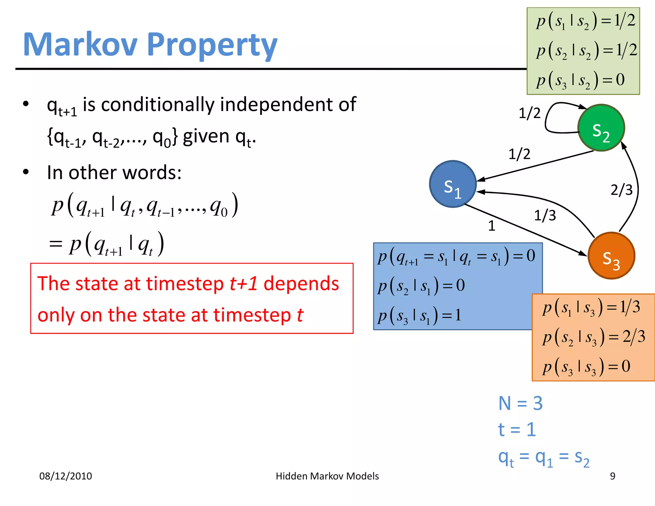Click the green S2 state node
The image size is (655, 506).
click(601, 128)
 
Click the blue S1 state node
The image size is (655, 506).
click(453, 184)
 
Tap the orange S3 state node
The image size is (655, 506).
click(611, 256)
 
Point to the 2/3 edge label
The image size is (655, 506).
click(621, 190)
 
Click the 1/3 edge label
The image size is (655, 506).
click(545, 216)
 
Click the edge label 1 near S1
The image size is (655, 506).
click(492, 226)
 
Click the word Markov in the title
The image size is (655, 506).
click(80, 45)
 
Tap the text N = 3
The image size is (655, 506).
click(520, 403)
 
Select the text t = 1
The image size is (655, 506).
click(517, 430)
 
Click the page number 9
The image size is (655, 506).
click(612, 476)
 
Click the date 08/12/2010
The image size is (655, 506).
click(66, 476)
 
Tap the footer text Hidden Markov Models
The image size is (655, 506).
click(327, 476)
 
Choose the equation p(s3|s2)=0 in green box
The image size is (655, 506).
click(580, 80)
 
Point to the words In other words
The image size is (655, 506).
click(114, 173)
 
